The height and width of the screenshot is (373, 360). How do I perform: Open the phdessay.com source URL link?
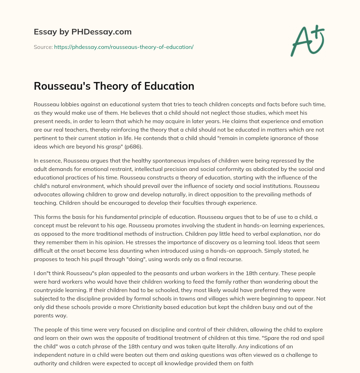[x=124, y=46]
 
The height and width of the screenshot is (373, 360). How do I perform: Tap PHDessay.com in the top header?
[x=102, y=32]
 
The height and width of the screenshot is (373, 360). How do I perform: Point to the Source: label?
[x=43, y=46]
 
